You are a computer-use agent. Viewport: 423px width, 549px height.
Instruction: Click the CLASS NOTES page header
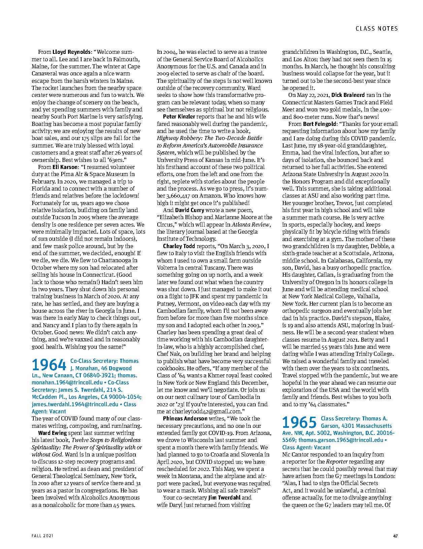(x=377, y=29)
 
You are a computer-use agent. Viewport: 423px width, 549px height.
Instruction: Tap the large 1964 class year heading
(x=49, y=365)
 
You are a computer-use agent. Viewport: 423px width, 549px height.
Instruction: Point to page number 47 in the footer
(x=395, y=536)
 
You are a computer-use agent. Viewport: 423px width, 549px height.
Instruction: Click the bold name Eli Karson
(x=65, y=167)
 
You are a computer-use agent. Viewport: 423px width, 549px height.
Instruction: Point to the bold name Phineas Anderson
(x=185, y=419)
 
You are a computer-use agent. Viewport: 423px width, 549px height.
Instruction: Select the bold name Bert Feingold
(x=319, y=124)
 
